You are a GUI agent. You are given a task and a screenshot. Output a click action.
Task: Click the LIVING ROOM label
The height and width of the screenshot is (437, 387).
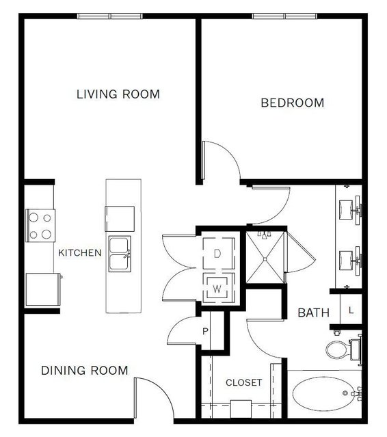tap(118, 94)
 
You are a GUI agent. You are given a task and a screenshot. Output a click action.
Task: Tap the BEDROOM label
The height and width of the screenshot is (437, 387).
tap(292, 103)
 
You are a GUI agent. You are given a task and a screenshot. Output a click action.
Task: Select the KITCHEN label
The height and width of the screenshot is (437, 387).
tap(80, 253)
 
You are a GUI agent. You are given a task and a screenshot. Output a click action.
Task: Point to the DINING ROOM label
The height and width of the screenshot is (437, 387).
tap(84, 371)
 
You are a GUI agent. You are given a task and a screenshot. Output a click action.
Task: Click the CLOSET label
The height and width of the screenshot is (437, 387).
tap(244, 382)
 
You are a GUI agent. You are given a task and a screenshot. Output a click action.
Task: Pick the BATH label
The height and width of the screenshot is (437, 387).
tap(313, 313)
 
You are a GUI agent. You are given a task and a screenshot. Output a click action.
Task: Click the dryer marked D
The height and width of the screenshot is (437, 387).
tap(219, 254)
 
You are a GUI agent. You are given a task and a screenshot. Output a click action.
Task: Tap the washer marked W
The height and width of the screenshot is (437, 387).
tap(219, 288)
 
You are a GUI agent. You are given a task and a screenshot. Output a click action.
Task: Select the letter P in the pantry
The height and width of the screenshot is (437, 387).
tap(205, 331)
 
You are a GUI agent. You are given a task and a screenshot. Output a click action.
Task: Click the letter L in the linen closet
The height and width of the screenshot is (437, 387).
tap(351, 310)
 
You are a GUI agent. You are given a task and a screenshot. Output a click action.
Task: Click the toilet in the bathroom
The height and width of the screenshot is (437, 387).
tap(343, 349)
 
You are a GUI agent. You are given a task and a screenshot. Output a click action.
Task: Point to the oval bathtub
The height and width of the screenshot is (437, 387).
tap(323, 393)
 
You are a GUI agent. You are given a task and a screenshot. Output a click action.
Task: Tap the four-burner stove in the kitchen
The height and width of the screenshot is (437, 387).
tap(40, 226)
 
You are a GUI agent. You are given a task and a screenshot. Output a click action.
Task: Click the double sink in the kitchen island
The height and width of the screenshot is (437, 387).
tap(120, 254)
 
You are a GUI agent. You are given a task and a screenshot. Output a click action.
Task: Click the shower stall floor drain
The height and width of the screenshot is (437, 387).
tap(265, 259)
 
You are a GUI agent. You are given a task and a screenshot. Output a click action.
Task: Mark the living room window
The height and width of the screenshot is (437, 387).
tap(110, 16)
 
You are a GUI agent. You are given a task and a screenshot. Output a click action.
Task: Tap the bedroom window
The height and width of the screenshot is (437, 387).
tap(284, 16)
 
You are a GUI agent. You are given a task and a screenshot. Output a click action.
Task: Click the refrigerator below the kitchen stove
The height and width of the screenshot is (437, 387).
tap(44, 289)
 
